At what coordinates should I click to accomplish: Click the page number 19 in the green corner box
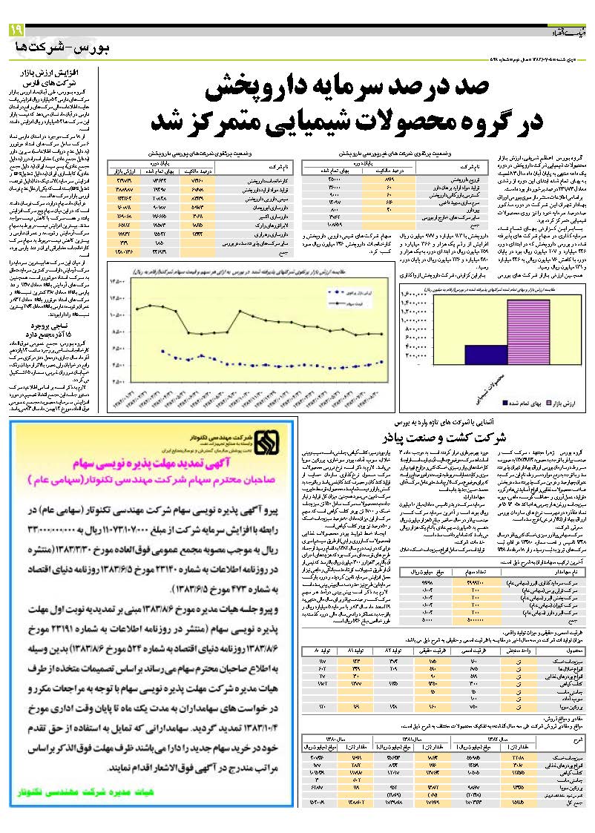[16, 30]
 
